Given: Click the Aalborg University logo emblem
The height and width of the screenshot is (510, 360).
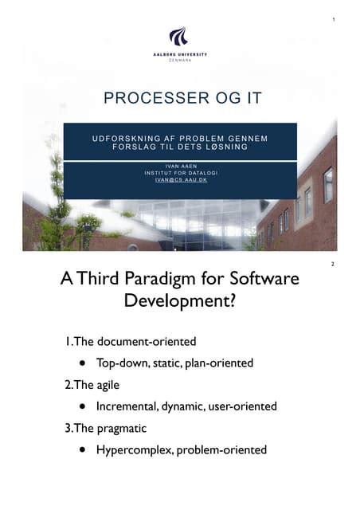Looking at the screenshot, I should [178, 37].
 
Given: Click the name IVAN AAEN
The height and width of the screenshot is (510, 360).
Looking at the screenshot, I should [179, 166].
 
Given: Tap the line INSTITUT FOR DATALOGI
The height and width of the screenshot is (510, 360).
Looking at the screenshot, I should [179, 173].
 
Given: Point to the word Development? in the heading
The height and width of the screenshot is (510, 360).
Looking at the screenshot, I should [180, 304].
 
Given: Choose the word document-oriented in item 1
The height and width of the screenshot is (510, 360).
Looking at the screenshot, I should [147, 342].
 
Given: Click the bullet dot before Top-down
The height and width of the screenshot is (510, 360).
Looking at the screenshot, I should [82, 363].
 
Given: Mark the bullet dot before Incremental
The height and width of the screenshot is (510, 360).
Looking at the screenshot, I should [82, 406].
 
